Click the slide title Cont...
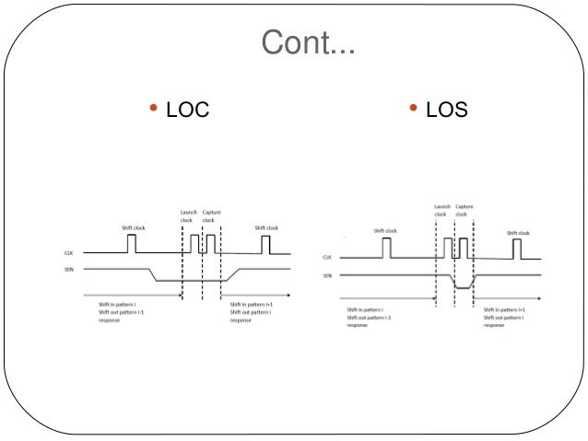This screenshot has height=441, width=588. click(x=308, y=42)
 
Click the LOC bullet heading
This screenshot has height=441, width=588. click(x=188, y=111)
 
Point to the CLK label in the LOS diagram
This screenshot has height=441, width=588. click(x=328, y=258)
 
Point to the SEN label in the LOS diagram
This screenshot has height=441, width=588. click(x=328, y=275)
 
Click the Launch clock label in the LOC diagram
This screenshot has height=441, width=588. click(x=186, y=216)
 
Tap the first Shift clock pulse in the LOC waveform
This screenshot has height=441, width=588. click(x=131, y=243)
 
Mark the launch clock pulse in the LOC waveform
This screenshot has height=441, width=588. click(x=194, y=244)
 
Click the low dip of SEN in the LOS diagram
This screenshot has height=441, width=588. click(x=460, y=287)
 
